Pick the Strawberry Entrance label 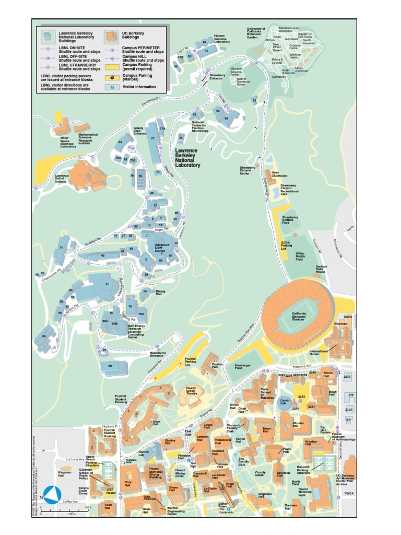click(217, 77)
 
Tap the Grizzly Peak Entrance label click(139, 131)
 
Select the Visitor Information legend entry click(135, 87)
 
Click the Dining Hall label click(160, 292)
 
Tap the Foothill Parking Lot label click(191, 361)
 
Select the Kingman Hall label click(64, 474)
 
